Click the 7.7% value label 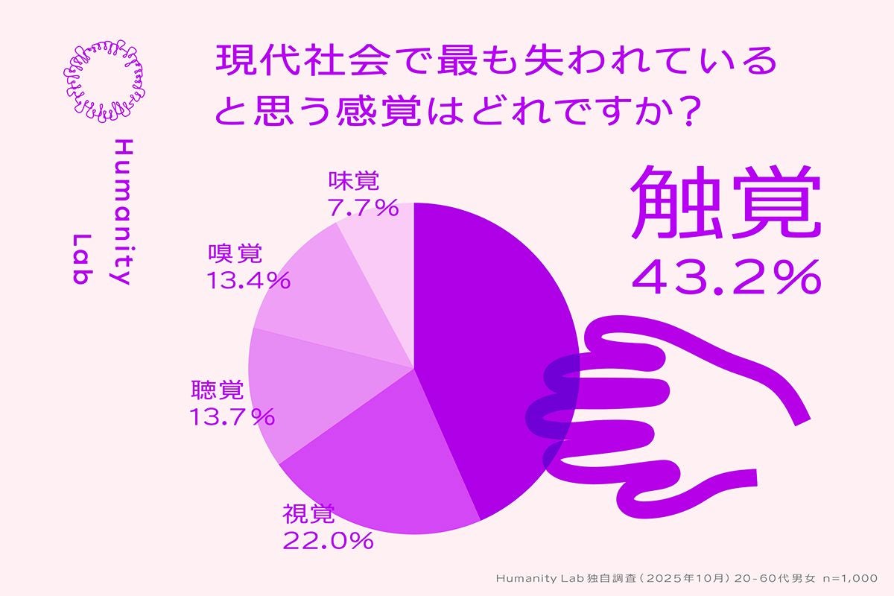pyautogui.click(x=364, y=208)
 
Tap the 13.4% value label pyautogui.click(x=247, y=280)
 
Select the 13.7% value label pyautogui.click(x=232, y=417)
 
